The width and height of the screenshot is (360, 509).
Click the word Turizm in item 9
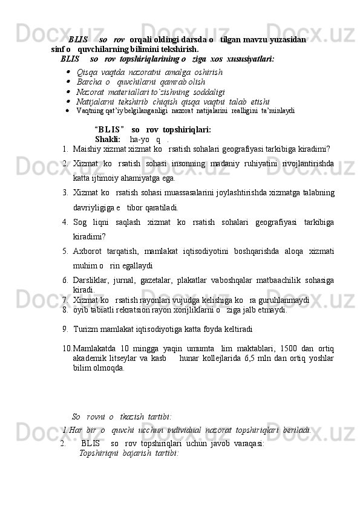(x=84, y=329)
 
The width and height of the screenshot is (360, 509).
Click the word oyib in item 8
(x=80, y=310)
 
